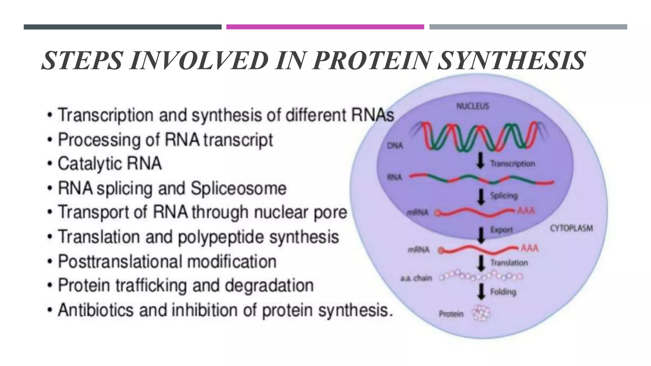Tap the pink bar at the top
coord(325,27)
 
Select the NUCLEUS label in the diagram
coord(473,106)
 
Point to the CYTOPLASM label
coord(571,228)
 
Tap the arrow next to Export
coord(481,235)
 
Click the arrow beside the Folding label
coord(482,291)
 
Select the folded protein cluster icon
coord(481,313)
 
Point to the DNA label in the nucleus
coord(395,146)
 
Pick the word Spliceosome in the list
coord(238,188)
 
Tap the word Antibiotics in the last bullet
coord(96,310)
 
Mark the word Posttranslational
coord(120,262)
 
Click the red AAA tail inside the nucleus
coord(526,211)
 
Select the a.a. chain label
coord(416,278)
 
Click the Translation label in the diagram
coord(509,263)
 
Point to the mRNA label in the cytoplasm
coord(418,250)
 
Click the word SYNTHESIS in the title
coord(511,61)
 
